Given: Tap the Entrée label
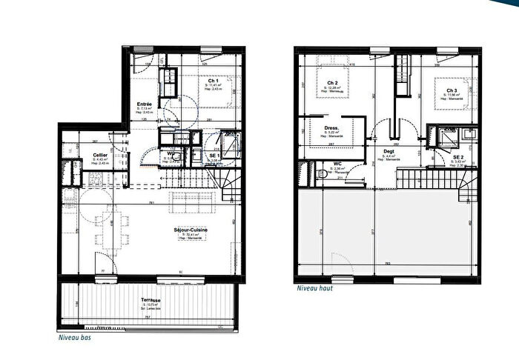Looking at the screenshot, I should [145, 104].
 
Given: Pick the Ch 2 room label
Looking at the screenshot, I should [332, 83].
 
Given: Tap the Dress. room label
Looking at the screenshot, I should [331, 128].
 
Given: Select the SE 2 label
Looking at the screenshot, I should [458, 158].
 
